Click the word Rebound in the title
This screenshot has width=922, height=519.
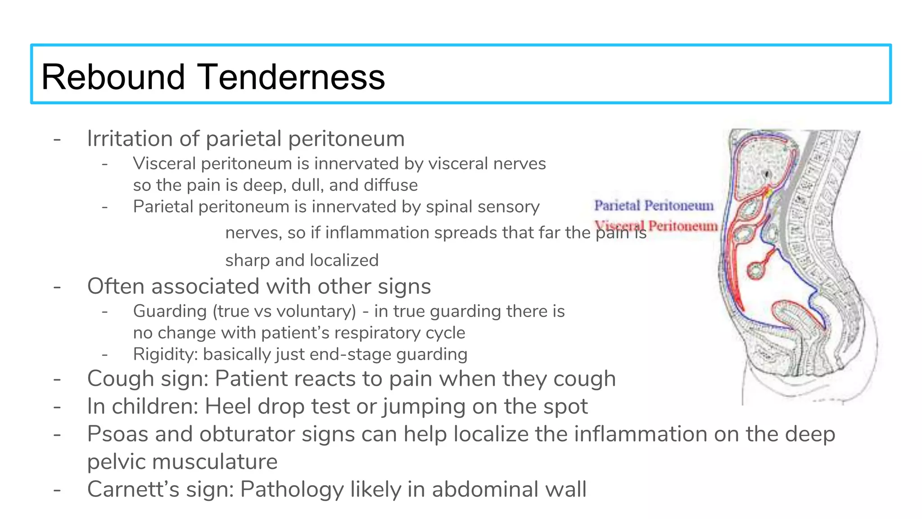tap(113, 77)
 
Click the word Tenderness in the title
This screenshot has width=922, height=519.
tap(291, 77)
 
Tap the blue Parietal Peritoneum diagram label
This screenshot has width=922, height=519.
tap(654, 205)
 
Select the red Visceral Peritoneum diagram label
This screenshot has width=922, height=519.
tap(656, 225)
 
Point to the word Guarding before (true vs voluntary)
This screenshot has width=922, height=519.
tap(170, 311)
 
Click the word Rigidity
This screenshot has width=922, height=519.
tap(165, 354)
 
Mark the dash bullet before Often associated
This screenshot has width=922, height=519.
tap(57, 287)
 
